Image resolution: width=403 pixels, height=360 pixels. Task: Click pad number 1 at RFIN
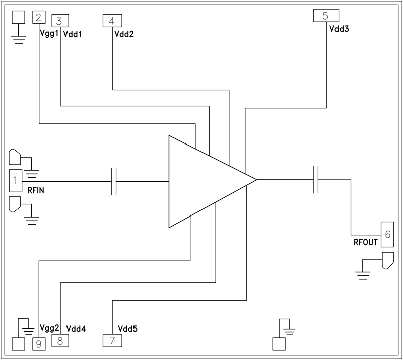[15, 180]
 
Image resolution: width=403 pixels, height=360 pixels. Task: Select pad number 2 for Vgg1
[39, 17]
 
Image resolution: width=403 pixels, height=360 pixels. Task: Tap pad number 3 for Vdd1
[60, 21]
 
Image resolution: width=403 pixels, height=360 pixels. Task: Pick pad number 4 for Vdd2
[112, 21]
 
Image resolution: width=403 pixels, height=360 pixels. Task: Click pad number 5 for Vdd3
[325, 15]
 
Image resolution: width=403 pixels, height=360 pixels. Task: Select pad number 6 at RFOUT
[387, 234]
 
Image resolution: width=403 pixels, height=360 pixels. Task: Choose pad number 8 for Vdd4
[60, 341]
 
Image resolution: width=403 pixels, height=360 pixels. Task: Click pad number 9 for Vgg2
[39, 343]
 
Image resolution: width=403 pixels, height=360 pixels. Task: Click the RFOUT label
[365, 242]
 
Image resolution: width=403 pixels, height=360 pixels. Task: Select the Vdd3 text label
[340, 29]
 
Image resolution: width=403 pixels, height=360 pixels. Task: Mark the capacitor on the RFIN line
[114, 181]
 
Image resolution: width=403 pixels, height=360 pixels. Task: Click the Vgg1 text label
[49, 34]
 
